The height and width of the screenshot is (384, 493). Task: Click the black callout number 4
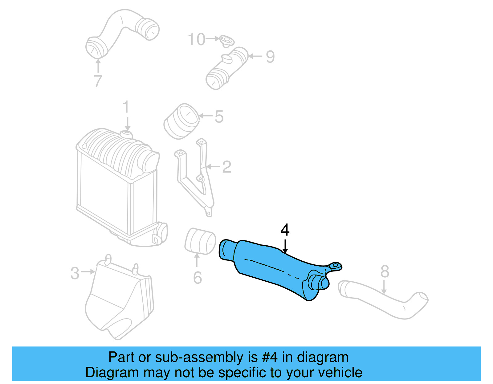[285, 230]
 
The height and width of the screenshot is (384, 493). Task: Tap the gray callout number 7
[98, 81]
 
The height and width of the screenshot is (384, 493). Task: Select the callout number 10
[196, 40]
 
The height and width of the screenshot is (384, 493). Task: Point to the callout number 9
[270, 57]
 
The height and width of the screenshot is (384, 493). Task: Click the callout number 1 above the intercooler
[126, 107]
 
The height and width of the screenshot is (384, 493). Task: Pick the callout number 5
[219, 117]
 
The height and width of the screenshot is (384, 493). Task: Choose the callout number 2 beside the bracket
[227, 167]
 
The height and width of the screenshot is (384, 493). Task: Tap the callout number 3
[75, 273]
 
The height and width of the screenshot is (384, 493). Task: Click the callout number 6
[198, 278]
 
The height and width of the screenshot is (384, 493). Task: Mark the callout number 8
[385, 271]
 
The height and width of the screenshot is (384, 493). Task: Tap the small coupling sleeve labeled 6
[200, 241]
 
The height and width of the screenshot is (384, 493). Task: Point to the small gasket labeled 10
[227, 41]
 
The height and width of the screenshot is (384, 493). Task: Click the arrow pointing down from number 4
[285, 246]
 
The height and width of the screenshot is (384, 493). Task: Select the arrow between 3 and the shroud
[88, 272]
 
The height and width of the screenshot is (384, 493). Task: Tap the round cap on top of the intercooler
[125, 134]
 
